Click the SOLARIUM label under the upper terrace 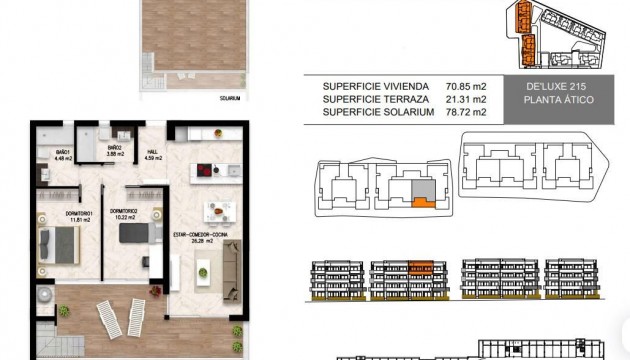coord(231,99)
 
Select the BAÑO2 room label coord(116,151)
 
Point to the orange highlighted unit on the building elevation coord(421,267)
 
